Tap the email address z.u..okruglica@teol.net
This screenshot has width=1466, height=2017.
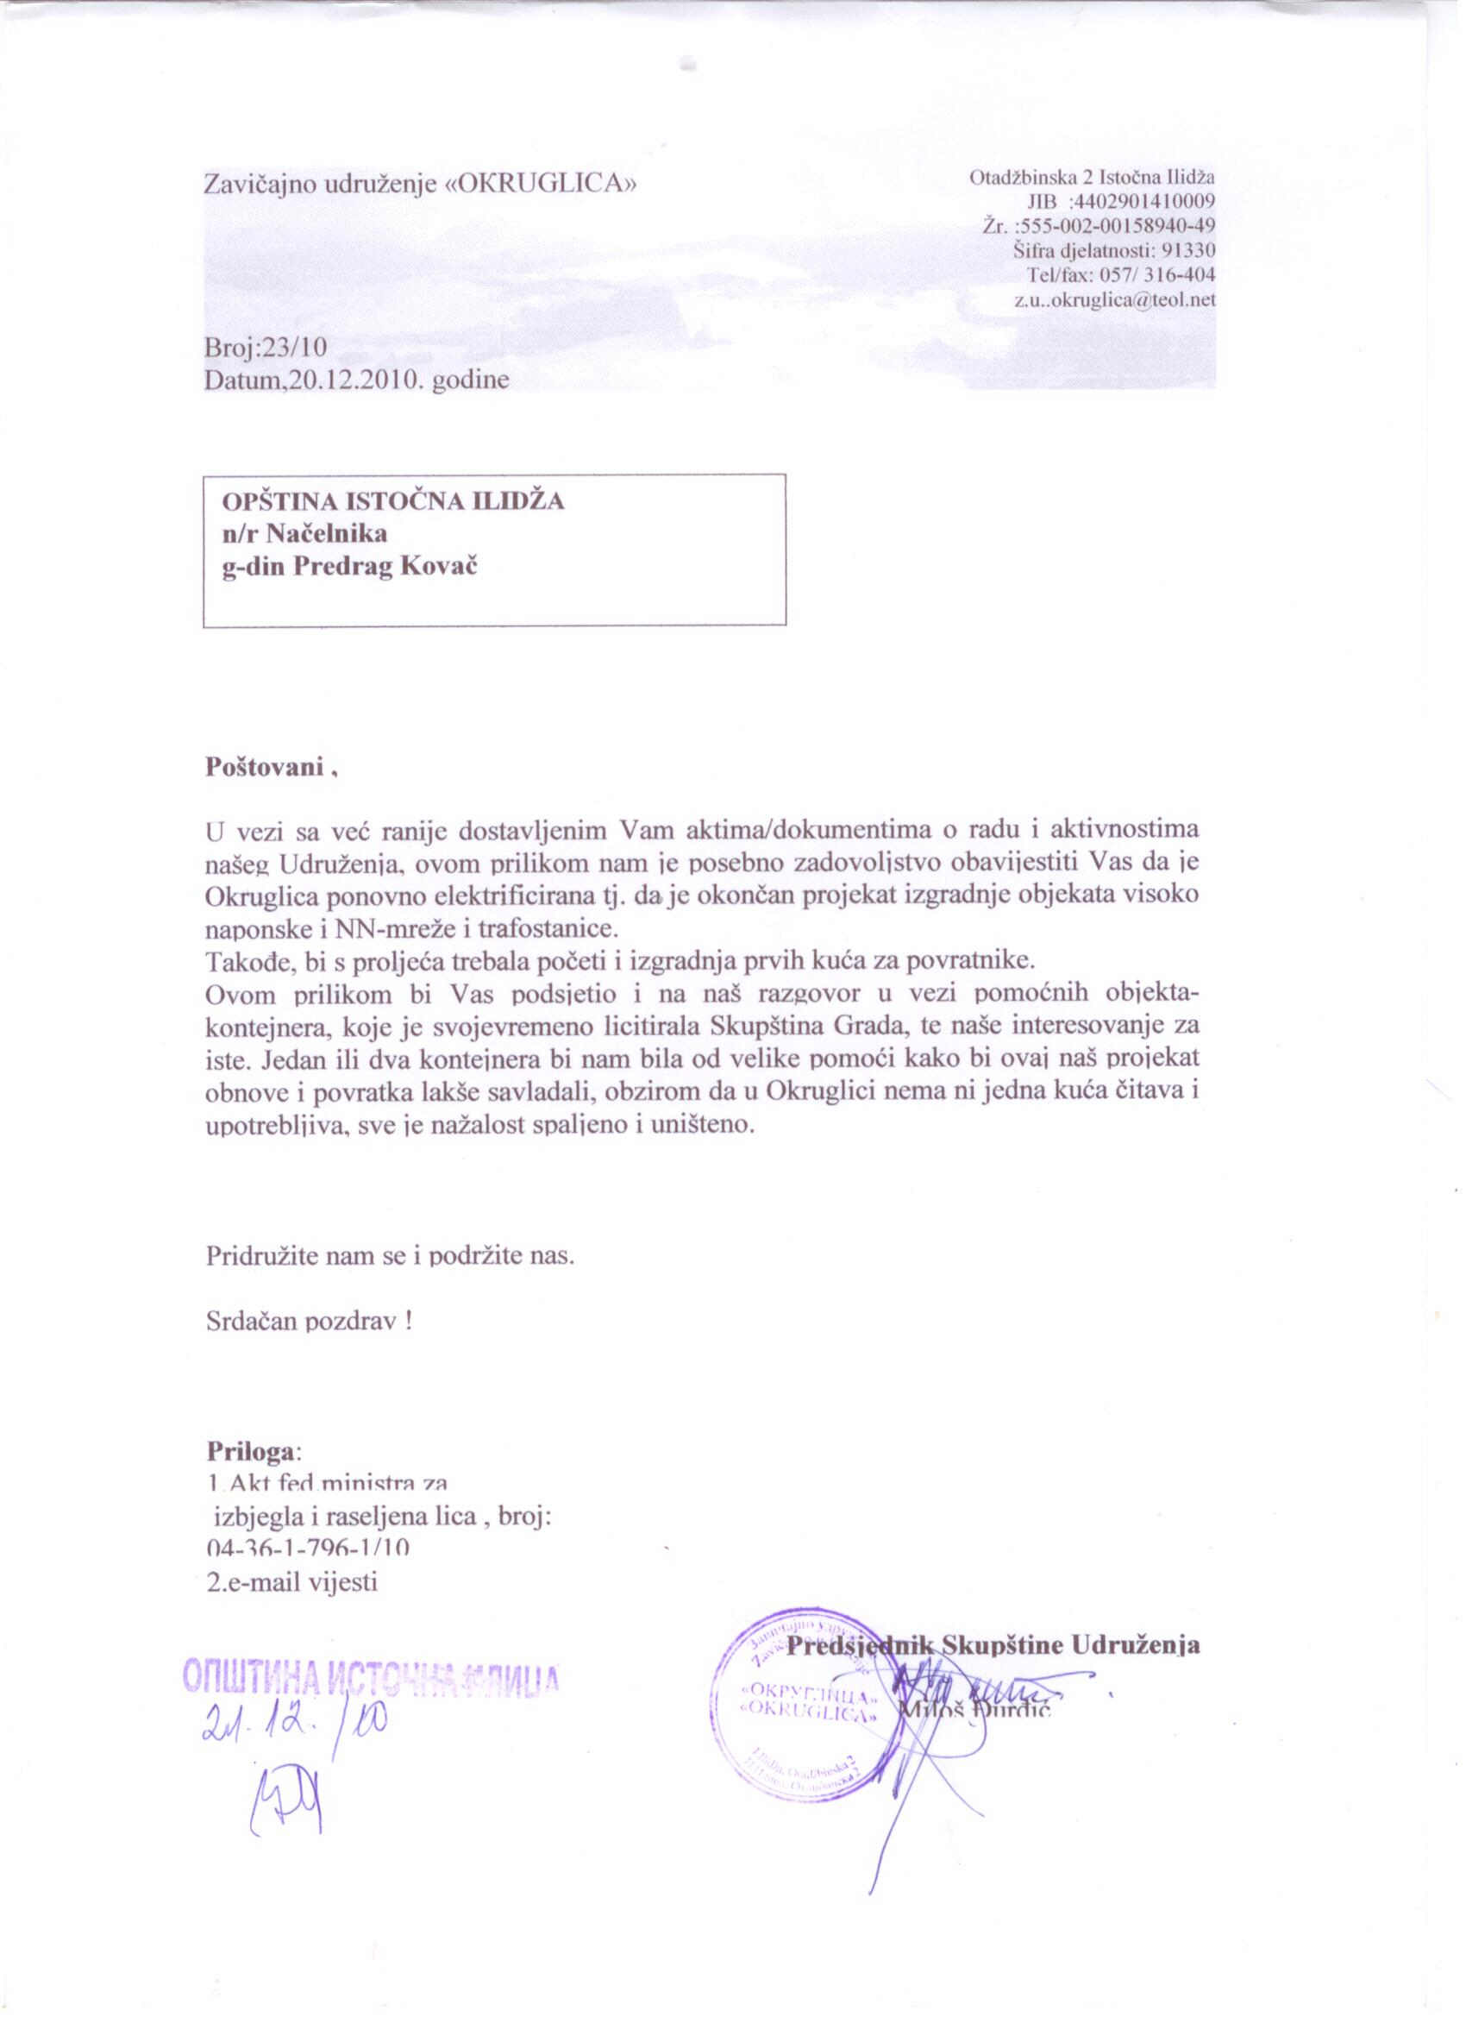point(1114,300)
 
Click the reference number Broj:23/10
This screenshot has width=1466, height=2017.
point(266,347)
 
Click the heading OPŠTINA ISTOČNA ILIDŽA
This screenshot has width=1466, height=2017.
point(393,501)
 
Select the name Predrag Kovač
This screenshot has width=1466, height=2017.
point(385,567)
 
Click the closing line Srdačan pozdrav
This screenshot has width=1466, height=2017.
point(309,1320)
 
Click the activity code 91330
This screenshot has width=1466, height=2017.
point(1188,250)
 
